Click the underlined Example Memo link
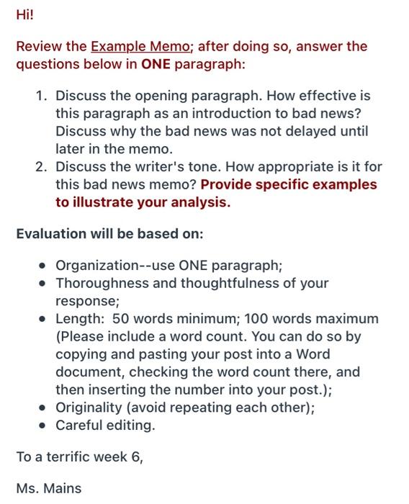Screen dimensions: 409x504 click(x=140, y=47)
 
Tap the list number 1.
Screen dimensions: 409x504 click(x=42, y=96)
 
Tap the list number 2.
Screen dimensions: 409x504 click(x=42, y=167)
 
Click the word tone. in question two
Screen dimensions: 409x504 click(x=213, y=167)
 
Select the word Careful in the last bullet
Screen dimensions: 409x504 click(x=78, y=426)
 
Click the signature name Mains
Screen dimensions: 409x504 click(x=63, y=488)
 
